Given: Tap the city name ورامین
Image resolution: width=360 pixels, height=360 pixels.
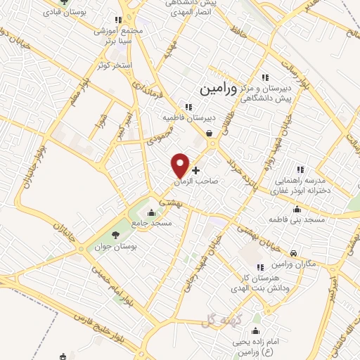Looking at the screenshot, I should [x=206, y=89].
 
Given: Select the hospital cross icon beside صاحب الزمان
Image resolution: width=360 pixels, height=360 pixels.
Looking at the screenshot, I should [x=195, y=170].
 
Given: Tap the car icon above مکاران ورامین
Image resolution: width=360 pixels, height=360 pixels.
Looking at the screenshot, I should [x=293, y=252].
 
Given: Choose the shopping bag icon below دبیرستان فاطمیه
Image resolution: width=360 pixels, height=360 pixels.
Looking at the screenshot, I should [x=209, y=132].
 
